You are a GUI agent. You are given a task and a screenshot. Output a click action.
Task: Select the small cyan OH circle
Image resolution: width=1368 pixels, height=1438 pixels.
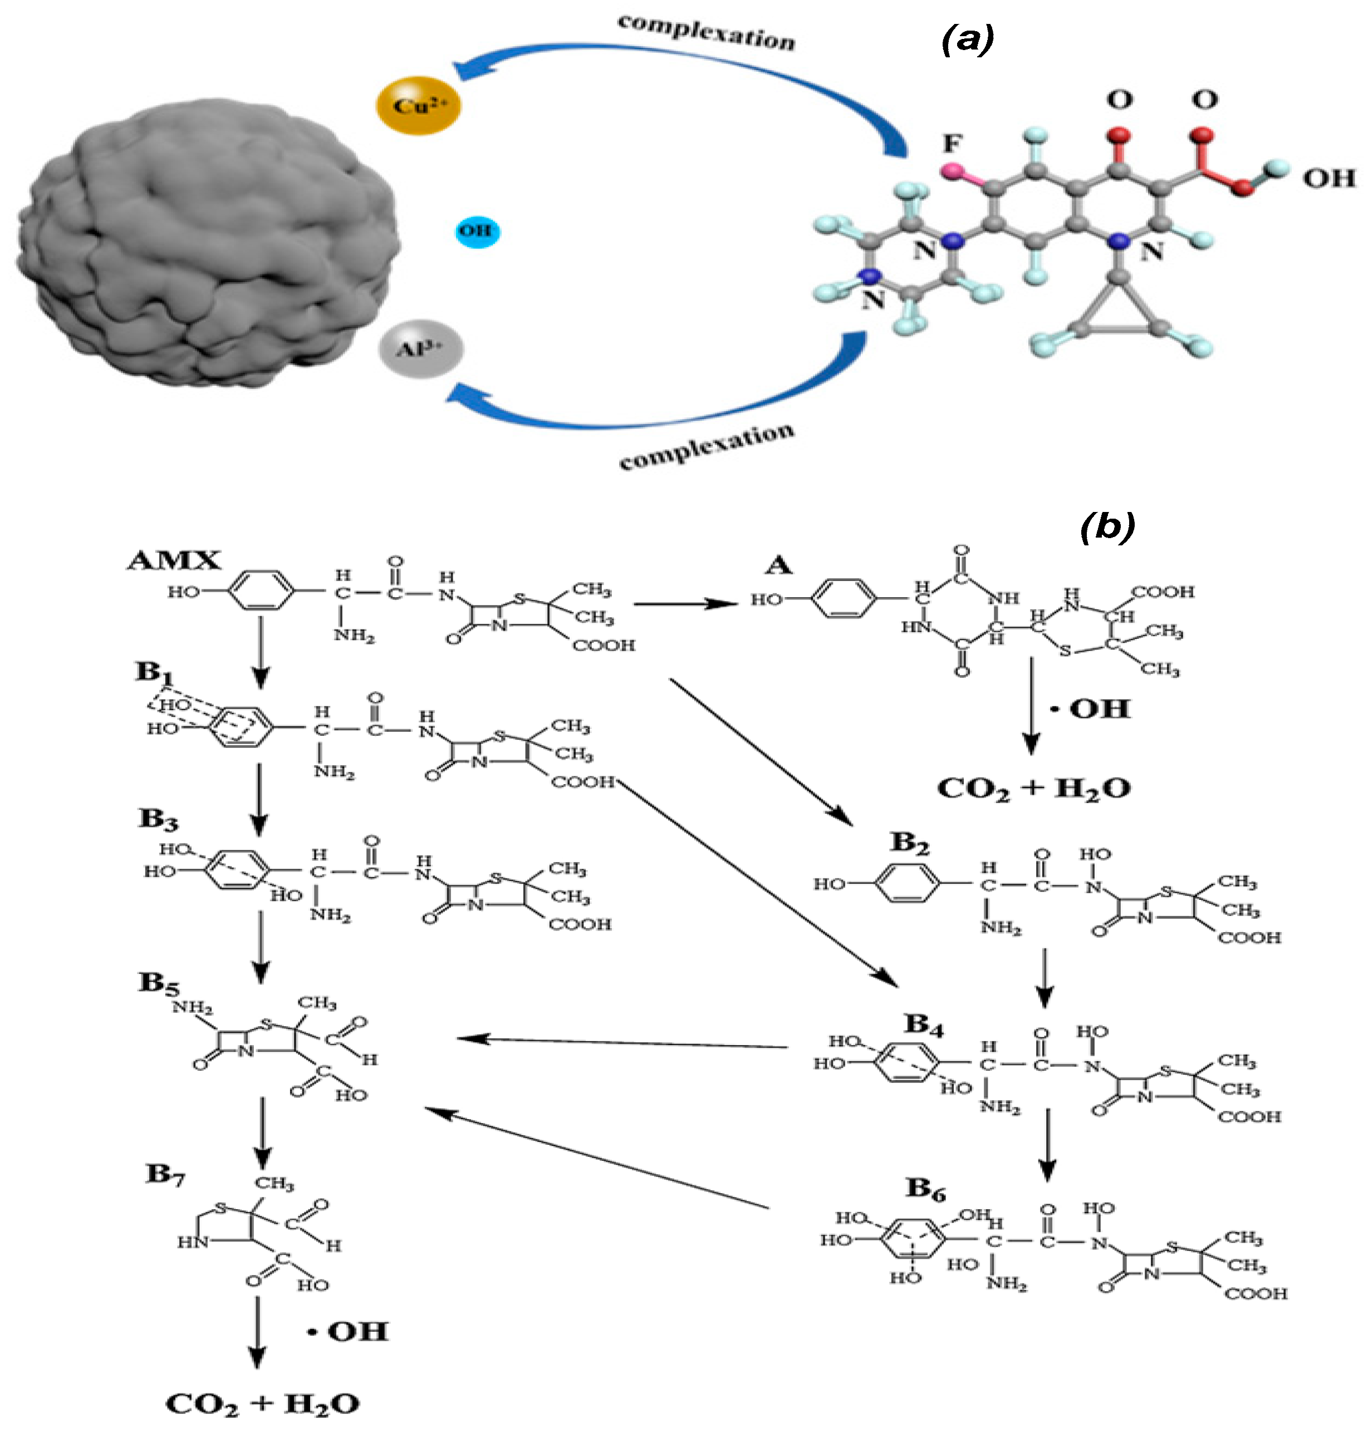coord(477,231)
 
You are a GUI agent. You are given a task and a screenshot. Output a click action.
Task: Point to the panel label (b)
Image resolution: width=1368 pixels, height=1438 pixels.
coord(1106,526)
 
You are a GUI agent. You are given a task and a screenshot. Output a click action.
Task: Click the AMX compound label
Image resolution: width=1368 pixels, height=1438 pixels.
coord(174,560)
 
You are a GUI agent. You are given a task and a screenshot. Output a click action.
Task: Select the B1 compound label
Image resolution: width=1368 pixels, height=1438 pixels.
coord(153,671)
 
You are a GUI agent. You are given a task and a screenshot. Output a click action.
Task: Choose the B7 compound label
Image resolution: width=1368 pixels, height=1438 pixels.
coord(165,1174)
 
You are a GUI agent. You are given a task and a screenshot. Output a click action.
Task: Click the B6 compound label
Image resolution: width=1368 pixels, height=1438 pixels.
coord(925,1189)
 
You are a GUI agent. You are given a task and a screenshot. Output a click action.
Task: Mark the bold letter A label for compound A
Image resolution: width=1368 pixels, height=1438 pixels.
coord(779,564)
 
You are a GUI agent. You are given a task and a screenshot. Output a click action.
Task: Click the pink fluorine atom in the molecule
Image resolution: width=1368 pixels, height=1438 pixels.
coord(952,172)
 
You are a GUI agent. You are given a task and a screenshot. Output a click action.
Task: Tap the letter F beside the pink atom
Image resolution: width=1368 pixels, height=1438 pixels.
coord(952,144)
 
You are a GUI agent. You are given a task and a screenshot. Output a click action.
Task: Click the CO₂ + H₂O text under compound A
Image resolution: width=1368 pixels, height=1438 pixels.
coord(1033,789)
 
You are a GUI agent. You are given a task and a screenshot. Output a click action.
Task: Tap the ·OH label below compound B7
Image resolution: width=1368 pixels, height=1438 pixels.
coord(348,1332)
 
